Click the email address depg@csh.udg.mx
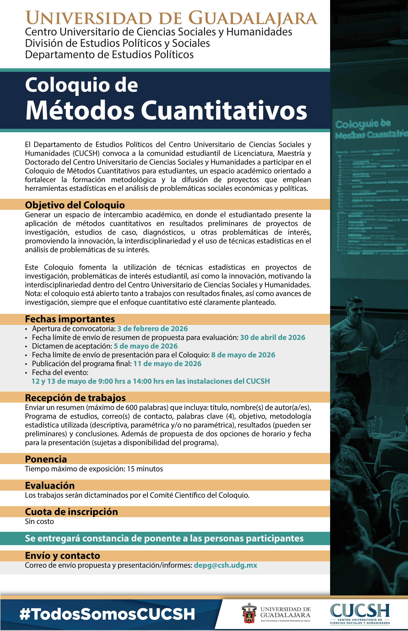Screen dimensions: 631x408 pyautogui.click(x=226, y=565)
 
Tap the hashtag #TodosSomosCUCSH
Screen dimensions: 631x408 pyautogui.click(x=107, y=614)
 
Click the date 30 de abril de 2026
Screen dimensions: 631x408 pyautogui.click(x=273, y=338)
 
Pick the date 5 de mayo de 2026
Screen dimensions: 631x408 pyautogui.click(x=146, y=346)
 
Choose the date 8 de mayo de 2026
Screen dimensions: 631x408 pyautogui.click(x=243, y=355)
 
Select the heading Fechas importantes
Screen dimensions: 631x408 pyautogui.click(x=70, y=319)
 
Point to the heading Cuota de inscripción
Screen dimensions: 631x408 pyautogui.click(x=72, y=512)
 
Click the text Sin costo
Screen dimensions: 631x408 pyautogui.click(x=39, y=522)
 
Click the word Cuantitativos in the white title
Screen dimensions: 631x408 pyautogui.click(x=224, y=110)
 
